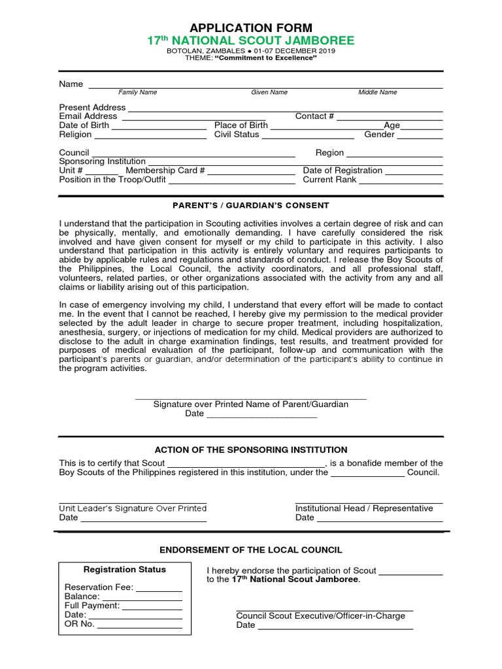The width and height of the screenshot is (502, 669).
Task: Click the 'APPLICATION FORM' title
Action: [x=251, y=27]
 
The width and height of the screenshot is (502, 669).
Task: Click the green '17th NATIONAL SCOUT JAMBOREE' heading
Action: [x=251, y=41]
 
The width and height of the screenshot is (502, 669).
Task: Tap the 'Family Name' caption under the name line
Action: [x=137, y=93]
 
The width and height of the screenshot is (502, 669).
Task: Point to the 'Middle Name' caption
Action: [x=377, y=93]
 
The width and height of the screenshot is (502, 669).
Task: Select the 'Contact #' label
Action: [x=314, y=116]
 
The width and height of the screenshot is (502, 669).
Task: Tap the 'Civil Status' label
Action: [x=237, y=135]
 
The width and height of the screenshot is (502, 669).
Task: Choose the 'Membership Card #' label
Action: [x=165, y=171]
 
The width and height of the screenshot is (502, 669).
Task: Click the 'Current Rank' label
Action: [x=329, y=180]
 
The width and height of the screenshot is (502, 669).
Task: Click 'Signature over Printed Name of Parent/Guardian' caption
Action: [x=251, y=404]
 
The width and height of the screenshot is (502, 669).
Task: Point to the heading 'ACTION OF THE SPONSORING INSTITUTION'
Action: [x=251, y=450]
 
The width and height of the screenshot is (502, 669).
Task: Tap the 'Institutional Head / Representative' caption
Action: [x=364, y=508]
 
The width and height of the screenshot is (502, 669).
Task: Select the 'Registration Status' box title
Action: [x=124, y=570]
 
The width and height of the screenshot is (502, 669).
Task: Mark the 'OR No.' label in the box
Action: [x=79, y=624]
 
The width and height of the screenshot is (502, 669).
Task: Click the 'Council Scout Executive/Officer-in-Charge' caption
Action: [x=320, y=616]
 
